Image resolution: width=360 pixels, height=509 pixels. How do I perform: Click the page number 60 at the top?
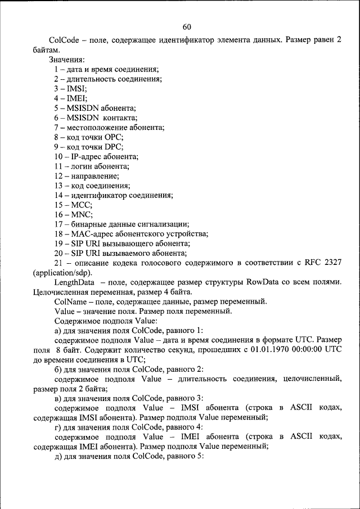click(x=187, y=26)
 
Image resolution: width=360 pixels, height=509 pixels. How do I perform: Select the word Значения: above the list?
click(x=67, y=59)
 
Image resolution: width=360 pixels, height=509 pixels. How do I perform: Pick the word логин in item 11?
click(x=82, y=166)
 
